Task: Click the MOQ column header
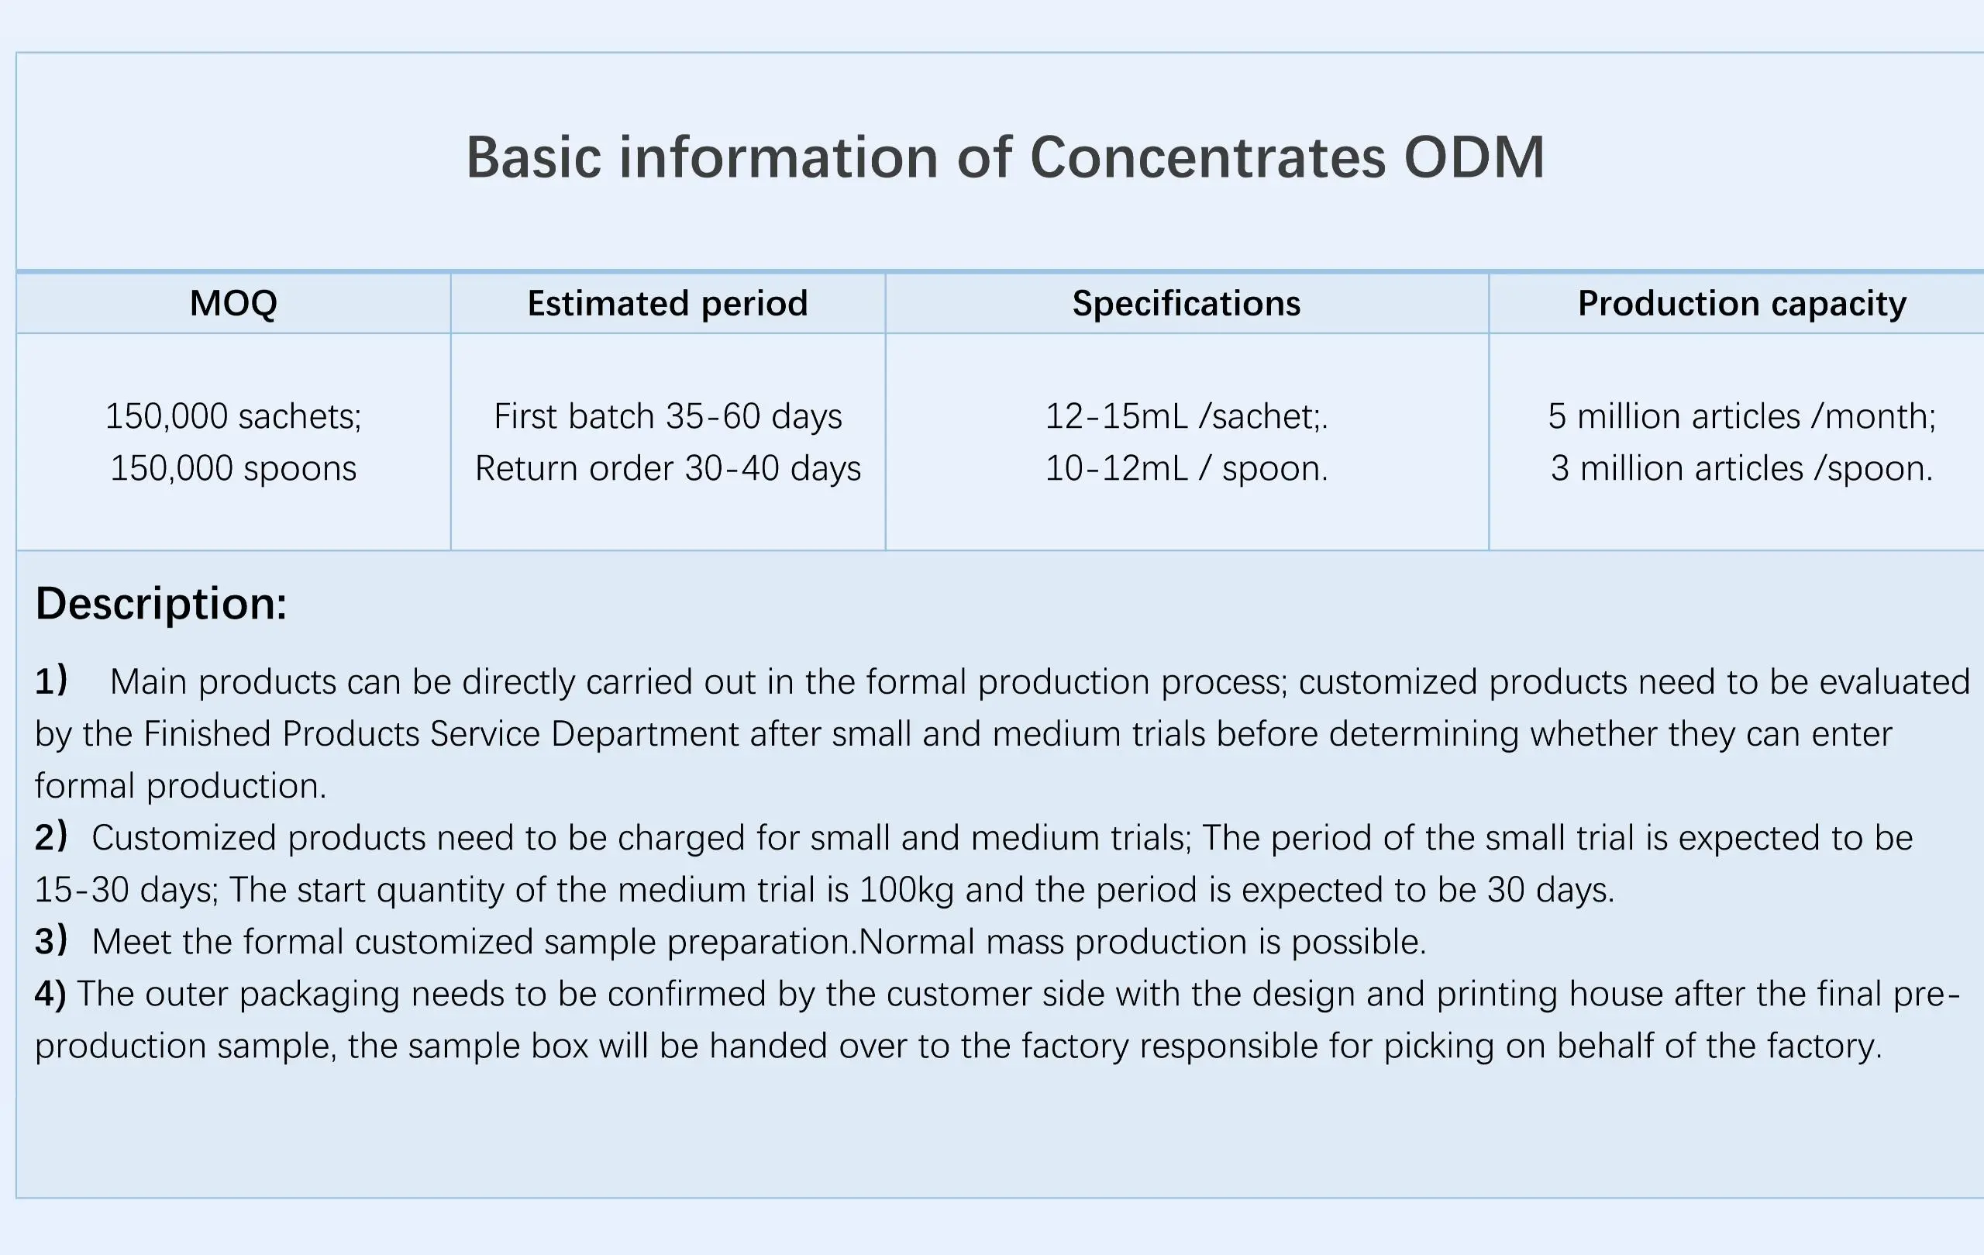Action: [233, 303]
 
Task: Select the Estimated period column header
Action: [667, 304]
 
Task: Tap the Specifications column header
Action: [1187, 304]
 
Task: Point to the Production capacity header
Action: [1741, 304]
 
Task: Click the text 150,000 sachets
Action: [233, 417]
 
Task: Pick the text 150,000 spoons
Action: [233, 469]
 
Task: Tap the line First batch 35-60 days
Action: [667, 416]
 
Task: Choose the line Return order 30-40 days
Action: [667, 468]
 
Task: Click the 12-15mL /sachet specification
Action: [1187, 416]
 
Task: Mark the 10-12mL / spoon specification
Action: [1187, 468]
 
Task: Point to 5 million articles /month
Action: [1741, 416]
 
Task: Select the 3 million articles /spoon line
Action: [1741, 468]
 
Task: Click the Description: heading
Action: [161, 604]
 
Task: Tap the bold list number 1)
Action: [51, 681]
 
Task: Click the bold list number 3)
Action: [51, 940]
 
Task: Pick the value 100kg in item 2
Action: [906, 890]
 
